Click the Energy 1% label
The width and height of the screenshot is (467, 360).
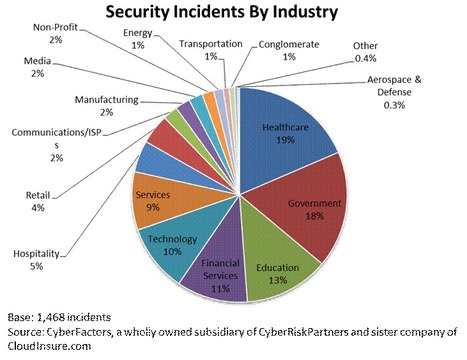[140, 39]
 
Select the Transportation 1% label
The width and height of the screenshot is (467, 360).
[212, 51]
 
